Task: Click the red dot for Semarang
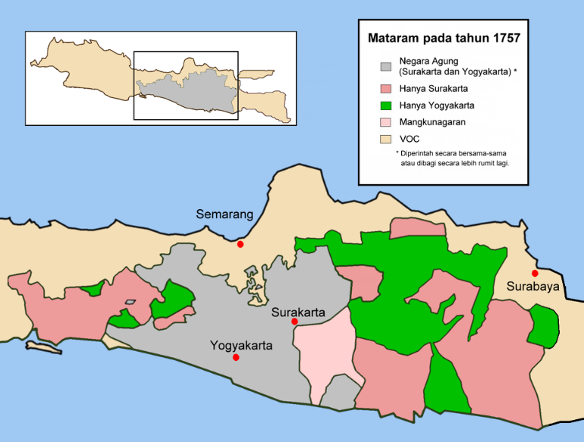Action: [x=240, y=244]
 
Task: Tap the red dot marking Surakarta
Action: [x=294, y=321]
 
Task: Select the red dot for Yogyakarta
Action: [x=237, y=357]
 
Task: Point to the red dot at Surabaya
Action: [x=535, y=273]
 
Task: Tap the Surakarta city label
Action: [x=298, y=312]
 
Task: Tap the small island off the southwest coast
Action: [x=42, y=346]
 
